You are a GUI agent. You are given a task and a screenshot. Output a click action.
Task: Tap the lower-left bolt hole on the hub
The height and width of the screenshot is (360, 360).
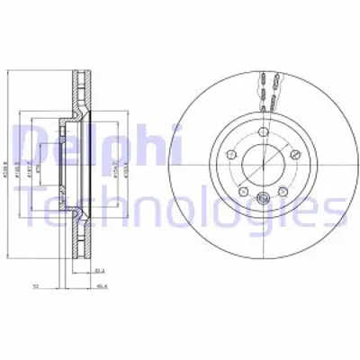click(242, 191)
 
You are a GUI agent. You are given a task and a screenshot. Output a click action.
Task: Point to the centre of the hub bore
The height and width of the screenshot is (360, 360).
click(260, 166)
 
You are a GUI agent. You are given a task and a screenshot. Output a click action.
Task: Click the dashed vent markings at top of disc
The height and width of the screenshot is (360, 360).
click(260, 87)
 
